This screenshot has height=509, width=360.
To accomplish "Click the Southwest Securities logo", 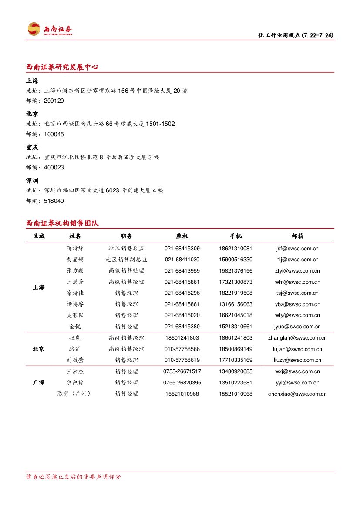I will tap(50, 29).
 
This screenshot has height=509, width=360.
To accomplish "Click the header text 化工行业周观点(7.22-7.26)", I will tap(296, 35).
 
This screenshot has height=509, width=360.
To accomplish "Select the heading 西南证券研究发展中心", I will tap(62, 67).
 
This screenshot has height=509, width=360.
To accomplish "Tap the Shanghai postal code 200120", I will tap(54, 101).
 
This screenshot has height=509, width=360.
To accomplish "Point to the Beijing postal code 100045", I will tap(54, 134).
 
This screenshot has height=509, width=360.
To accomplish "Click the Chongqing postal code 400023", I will tap(54, 167).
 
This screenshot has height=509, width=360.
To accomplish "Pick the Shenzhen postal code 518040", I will tap(54, 201).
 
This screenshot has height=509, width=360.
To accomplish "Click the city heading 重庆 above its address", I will tap(32, 147).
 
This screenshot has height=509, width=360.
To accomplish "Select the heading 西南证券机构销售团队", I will tap(62, 223).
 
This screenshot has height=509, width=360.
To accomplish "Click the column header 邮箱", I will tap(297, 236).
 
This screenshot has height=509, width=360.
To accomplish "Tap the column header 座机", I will tap(182, 236).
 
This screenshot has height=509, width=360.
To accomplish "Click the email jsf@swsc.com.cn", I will tap(297, 249).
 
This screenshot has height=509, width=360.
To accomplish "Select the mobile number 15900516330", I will tap(236, 260).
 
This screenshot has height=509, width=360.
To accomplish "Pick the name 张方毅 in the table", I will tap(75, 271).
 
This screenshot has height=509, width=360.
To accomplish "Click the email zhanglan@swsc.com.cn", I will tap(297, 338).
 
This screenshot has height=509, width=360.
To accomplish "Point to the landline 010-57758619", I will tap(182, 360).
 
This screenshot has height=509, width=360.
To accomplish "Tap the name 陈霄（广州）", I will tap(75, 394).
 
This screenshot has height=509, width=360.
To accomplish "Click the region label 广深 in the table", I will tap(38, 383).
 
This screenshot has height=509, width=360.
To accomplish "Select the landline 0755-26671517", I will tap(182, 371).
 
